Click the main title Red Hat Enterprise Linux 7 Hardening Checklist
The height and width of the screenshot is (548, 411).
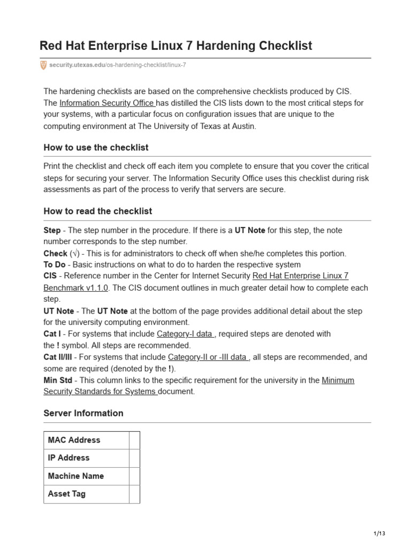pyautogui.click(x=176, y=45)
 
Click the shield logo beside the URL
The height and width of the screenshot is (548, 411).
pyautogui.click(x=43, y=65)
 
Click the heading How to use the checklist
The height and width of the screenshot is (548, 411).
pyautogui.click(x=96, y=147)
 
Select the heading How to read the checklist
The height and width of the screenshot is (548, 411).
pyautogui.click(x=97, y=211)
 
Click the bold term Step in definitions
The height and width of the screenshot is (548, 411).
pyautogui.click(x=52, y=230)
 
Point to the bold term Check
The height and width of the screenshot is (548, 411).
pyautogui.click(x=55, y=253)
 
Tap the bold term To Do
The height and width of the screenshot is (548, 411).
pyautogui.click(x=54, y=264)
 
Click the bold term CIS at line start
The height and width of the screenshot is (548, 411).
pyautogui.click(x=50, y=276)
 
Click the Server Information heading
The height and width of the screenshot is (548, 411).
pyautogui.click(x=83, y=413)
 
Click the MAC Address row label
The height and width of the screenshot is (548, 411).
pyautogui.click(x=74, y=440)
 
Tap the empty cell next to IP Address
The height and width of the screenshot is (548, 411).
pyautogui.click(x=134, y=458)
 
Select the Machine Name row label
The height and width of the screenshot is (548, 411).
pyautogui.click(x=75, y=476)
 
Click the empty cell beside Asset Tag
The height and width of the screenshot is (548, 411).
pyautogui.click(x=134, y=494)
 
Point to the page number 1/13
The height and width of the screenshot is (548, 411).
pyautogui.click(x=379, y=534)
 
